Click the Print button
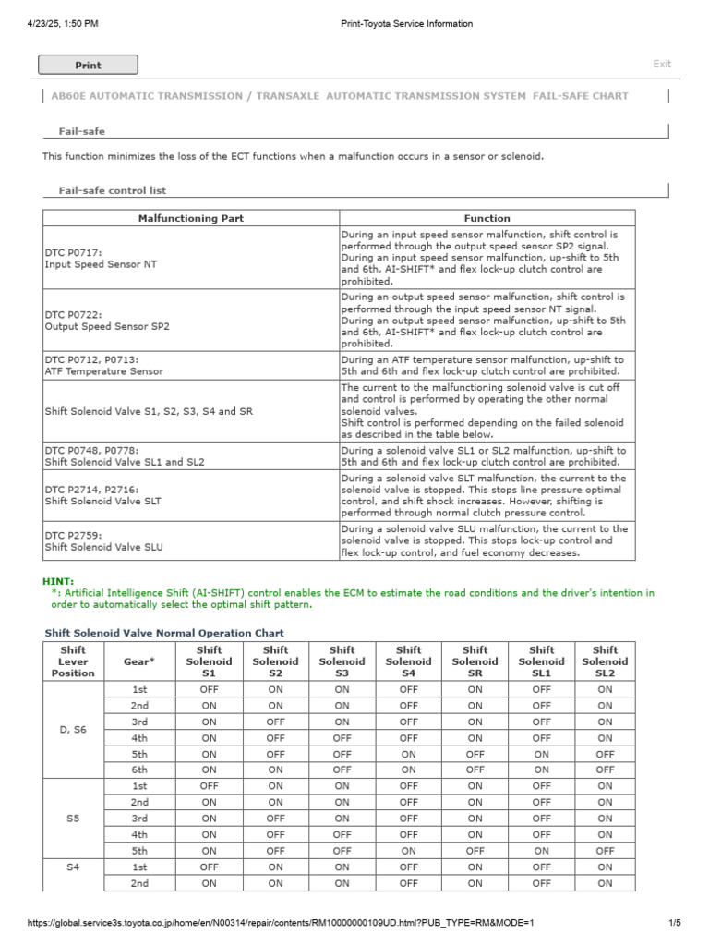(x=88, y=65)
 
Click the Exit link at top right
(x=662, y=64)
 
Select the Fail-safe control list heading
(x=106, y=190)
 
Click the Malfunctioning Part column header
(x=191, y=218)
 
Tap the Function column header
(x=487, y=218)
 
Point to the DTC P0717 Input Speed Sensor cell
(x=101, y=257)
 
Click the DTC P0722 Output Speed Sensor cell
(x=107, y=320)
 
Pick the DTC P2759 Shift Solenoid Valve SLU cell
(x=104, y=540)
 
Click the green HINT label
(x=58, y=581)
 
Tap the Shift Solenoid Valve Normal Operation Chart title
(x=164, y=633)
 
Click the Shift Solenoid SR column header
(x=475, y=661)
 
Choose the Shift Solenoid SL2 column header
(x=605, y=661)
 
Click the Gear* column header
(x=139, y=661)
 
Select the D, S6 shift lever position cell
(x=73, y=730)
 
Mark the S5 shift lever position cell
(x=73, y=818)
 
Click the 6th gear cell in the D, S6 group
(x=139, y=770)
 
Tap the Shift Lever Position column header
(x=73, y=661)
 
